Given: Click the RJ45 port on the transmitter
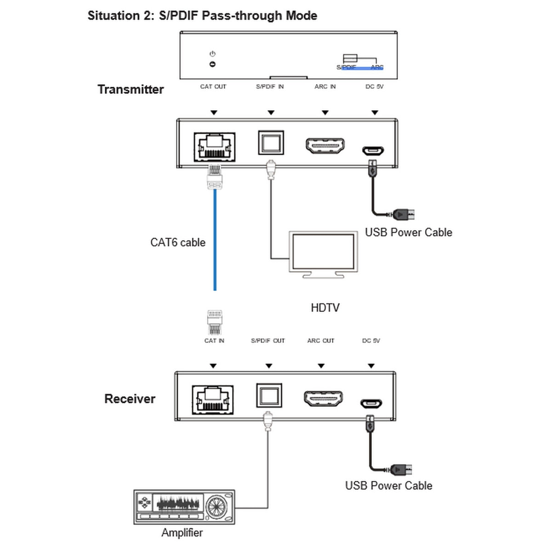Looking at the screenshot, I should point(214,147).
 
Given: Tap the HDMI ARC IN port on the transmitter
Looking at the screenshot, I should point(325,145).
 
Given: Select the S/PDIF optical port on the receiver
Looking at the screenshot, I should point(268,396).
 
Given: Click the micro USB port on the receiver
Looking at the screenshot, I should point(371,404).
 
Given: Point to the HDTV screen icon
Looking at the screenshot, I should point(324,254).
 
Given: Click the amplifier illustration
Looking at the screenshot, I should point(184,507).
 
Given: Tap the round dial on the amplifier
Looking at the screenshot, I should point(216,507).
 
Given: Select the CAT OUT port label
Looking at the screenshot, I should point(213,86).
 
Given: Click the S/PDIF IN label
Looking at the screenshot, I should point(270,86).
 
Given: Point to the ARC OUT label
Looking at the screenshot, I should point(321,341).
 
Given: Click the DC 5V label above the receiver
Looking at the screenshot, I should point(371,341).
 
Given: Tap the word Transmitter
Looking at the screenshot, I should point(131,89).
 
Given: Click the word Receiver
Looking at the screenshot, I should point(130,399).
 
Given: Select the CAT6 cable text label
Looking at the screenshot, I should point(178,242).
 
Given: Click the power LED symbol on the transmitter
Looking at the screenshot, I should point(212,64).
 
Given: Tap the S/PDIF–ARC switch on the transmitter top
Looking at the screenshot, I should point(350,59).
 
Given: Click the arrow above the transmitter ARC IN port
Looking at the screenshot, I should point(325,113).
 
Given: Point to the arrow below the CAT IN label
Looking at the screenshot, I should point(213,366).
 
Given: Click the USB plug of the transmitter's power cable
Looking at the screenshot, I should point(404,214).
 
